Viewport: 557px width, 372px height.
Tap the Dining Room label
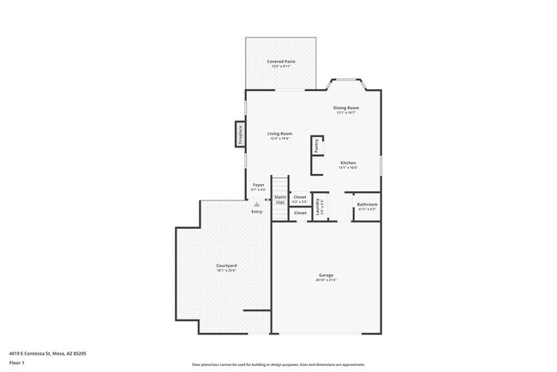click(x=345, y=108)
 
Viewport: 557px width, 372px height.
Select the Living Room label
click(x=279, y=135)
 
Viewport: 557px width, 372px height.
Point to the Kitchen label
click(x=347, y=164)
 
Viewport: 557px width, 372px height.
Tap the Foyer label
click(x=258, y=185)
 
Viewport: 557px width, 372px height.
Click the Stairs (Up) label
click(x=279, y=199)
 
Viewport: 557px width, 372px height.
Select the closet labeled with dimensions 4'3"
click(x=300, y=199)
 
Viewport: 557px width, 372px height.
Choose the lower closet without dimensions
click(x=300, y=213)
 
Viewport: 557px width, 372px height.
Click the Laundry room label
click(x=318, y=206)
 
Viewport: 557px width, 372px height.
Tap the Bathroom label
click(x=367, y=205)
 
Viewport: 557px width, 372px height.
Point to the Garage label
click(x=326, y=276)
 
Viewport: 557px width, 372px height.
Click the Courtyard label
click(x=226, y=267)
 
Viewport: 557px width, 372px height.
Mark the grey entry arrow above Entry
click(x=255, y=203)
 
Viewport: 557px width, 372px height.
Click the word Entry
click(x=257, y=211)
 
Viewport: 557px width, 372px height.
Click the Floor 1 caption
click(x=17, y=363)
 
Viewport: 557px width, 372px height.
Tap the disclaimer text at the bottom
click(x=278, y=364)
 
